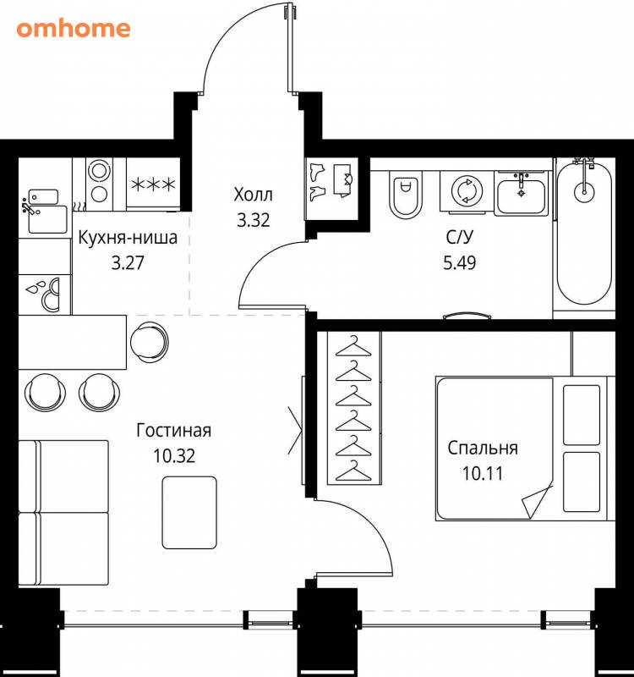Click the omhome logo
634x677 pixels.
point(74,29)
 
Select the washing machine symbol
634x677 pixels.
point(467,191)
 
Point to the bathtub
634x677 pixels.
point(584,234)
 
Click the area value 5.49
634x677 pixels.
point(460,262)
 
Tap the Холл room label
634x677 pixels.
point(253,195)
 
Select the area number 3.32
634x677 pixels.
point(253,220)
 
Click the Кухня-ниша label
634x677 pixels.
point(128,238)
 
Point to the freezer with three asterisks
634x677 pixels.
point(153,184)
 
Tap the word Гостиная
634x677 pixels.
point(174,431)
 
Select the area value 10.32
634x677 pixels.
point(174,455)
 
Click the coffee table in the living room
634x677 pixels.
point(189,513)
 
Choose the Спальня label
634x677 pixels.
point(483,449)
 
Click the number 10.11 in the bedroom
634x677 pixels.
point(483,474)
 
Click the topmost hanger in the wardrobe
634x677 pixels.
point(353,346)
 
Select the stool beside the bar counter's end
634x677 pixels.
point(149,342)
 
